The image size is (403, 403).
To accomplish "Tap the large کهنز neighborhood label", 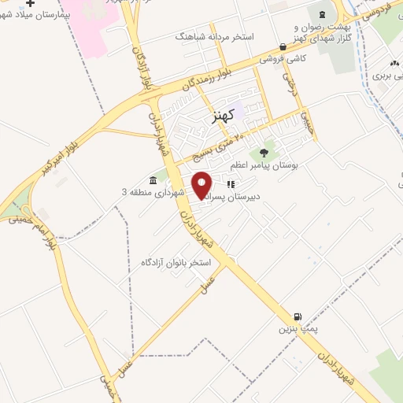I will point(224,116).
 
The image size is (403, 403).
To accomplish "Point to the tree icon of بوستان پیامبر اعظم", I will point(263,152).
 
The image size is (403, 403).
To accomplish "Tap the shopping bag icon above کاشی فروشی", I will point(282,46).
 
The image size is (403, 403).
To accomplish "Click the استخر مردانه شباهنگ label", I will point(217,36).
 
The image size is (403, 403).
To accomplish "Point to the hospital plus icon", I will point(30,4).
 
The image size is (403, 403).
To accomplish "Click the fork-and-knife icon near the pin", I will point(231,184).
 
